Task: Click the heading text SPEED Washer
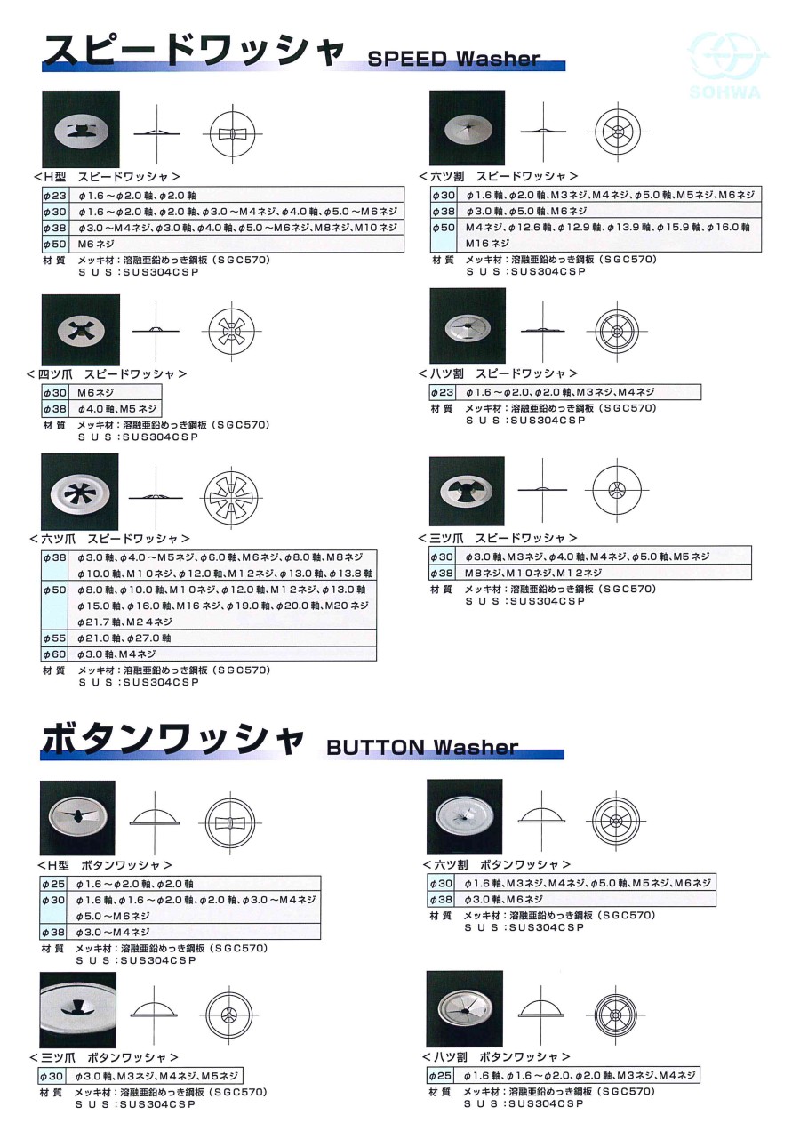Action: click(453, 60)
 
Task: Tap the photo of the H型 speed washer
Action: click(80, 129)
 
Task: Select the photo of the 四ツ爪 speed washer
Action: click(80, 328)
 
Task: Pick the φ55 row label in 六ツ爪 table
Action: click(54, 638)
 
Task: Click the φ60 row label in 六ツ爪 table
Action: click(54, 654)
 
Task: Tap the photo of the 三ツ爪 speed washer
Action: click(467, 491)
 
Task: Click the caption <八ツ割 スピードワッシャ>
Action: click(498, 374)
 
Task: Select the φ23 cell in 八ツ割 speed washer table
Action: click(443, 392)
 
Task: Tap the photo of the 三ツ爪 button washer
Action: click(78, 1010)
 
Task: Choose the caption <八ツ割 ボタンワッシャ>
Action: click(497, 1057)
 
